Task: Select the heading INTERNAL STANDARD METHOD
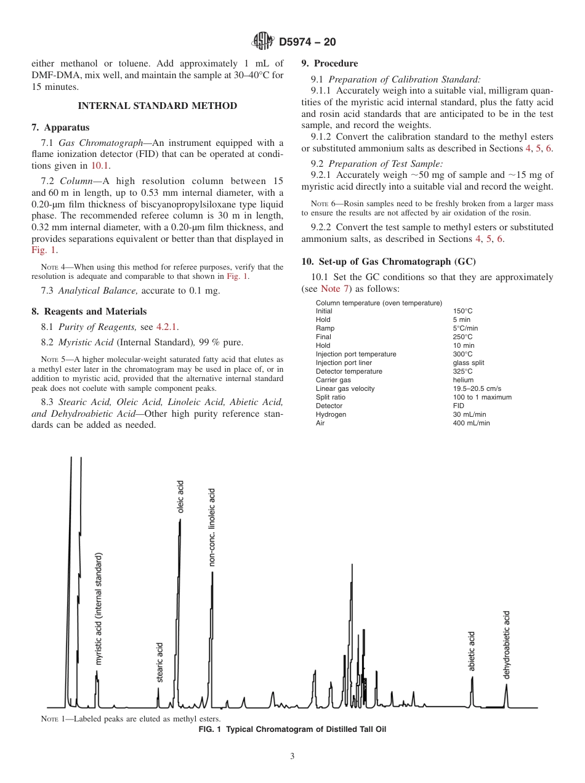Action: point(157,106)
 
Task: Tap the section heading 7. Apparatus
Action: point(60,127)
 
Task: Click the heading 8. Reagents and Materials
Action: point(89,311)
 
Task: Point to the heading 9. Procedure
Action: point(329,63)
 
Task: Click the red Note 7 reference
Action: point(336,289)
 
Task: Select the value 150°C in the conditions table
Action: point(462,311)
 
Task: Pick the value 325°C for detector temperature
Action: point(462,372)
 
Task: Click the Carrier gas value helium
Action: point(463,380)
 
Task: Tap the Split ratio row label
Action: point(330,398)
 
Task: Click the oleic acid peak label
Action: point(180,497)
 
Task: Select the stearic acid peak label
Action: point(159,662)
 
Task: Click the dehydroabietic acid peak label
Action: point(507,644)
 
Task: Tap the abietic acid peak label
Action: point(472,651)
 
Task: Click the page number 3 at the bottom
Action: point(292,757)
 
